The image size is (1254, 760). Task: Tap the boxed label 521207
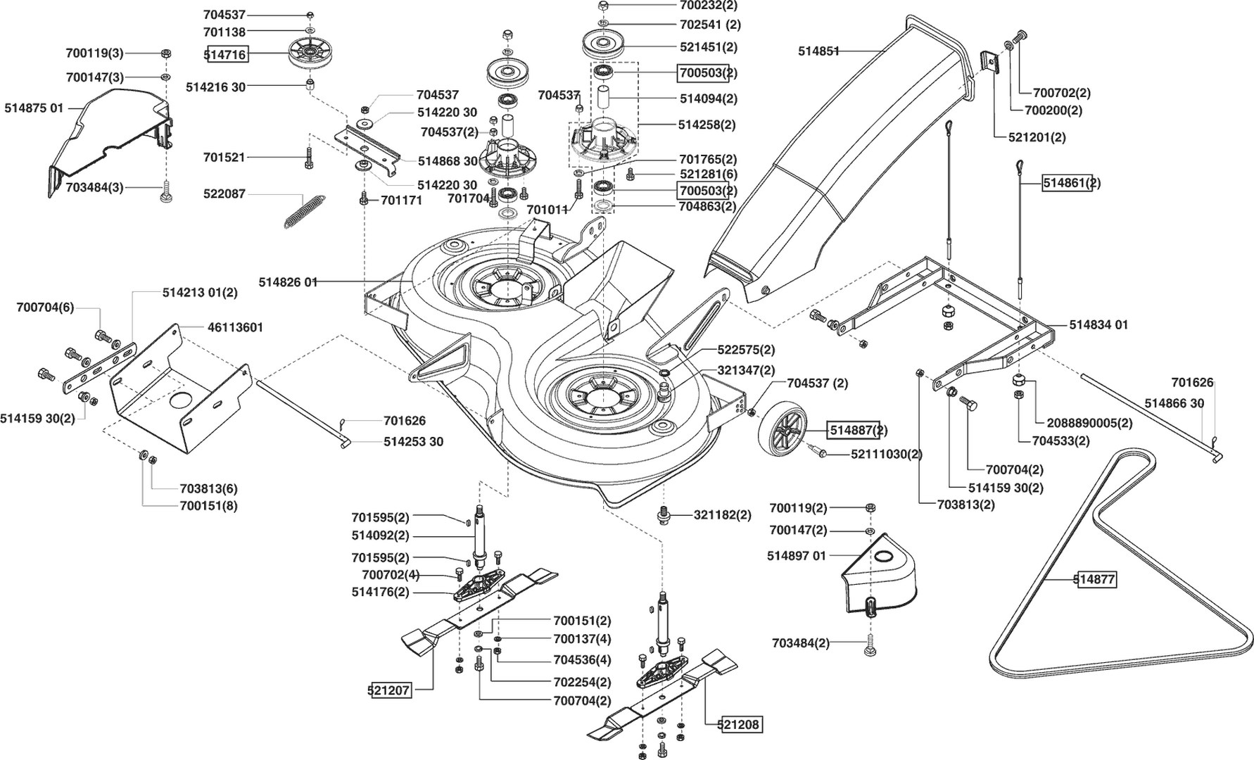(x=389, y=690)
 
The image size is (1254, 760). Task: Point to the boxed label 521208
(x=740, y=723)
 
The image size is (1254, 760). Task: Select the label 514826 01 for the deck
(x=288, y=282)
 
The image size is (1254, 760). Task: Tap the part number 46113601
(x=235, y=328)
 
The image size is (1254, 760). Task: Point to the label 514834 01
(x=1098, y=324)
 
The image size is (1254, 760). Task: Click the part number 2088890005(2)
(x=1089, y=423)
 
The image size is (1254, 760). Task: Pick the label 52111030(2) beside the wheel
(x=886, y=454)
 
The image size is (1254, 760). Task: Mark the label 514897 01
(x=796, y=556)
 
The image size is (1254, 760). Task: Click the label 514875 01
(x=34, y=108)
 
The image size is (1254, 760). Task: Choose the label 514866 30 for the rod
(x=1174, y=403)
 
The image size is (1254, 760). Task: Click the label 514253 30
(x=414, y=442)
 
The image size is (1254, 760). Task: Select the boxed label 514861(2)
(x=1071, y=183)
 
